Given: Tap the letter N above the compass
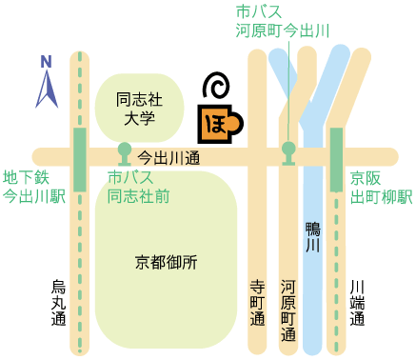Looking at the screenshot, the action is pos(46,62).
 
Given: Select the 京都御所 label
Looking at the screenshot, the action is pos(166,262).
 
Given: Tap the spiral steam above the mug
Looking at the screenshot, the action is pos(217,86).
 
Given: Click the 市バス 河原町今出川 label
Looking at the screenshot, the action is pos(283,22).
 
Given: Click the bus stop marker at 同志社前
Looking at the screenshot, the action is pos(124,151).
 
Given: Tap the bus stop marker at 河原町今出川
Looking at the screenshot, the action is pos(288,151).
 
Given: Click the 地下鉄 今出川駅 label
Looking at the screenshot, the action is pos(31,188).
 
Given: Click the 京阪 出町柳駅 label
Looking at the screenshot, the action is pos(379,188).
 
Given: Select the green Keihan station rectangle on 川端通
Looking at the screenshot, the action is pos(336,156).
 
